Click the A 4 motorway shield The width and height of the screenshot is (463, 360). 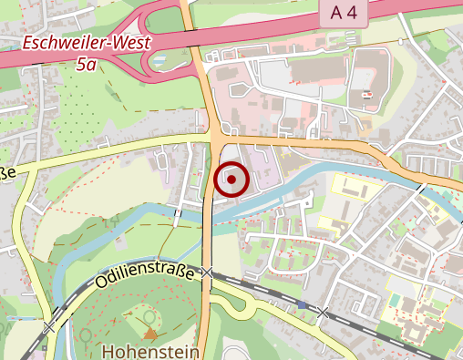(345, 13)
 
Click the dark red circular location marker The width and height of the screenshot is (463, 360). (232, 180)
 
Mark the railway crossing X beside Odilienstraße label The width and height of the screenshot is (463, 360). (209, 272)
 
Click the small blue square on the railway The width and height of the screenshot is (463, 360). (301, 304)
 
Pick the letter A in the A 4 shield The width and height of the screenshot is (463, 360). (337, 13)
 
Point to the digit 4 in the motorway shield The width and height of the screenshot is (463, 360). (354, 13)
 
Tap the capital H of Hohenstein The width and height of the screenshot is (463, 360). (109, 350)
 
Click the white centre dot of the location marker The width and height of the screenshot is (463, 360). (232, 180)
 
